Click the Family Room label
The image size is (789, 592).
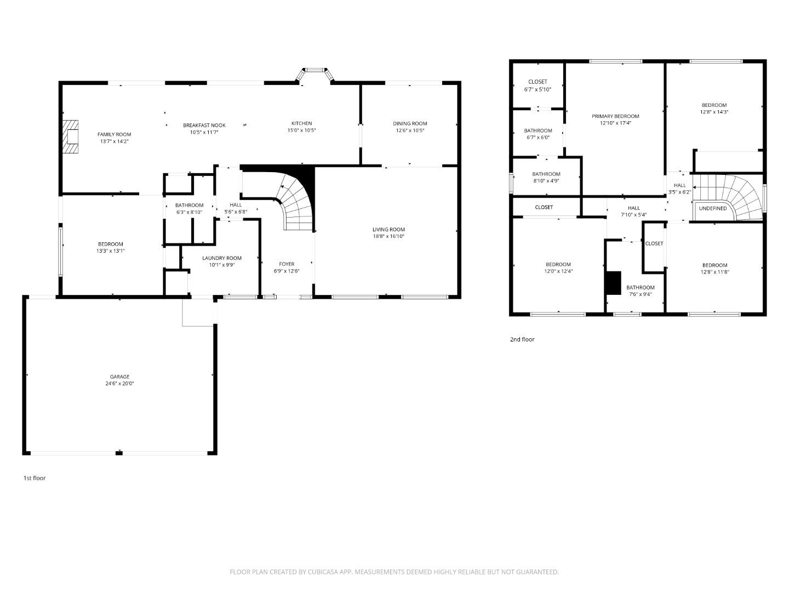(114, 134)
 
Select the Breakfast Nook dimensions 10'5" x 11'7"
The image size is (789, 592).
(204, 132)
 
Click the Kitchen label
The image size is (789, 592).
(301, 123)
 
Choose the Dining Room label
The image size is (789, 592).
(409, 123)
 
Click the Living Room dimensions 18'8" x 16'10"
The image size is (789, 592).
(388, 236)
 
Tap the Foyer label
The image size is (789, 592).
(287, 264)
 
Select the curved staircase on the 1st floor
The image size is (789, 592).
(296, 203)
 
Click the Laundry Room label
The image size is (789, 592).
(221, 258)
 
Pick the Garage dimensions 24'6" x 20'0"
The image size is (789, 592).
(119, 384)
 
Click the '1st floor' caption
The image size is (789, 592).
(34, 478)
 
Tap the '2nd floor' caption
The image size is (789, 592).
(522, 339)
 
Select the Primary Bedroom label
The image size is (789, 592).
(615, 116)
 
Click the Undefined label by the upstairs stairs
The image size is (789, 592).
(712, 208)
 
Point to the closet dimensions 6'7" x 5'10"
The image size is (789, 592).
(538, 89)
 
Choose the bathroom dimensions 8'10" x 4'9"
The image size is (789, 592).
(546, 180)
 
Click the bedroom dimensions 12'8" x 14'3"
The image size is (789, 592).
(714, 112)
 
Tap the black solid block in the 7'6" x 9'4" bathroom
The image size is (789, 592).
(613, 283)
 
